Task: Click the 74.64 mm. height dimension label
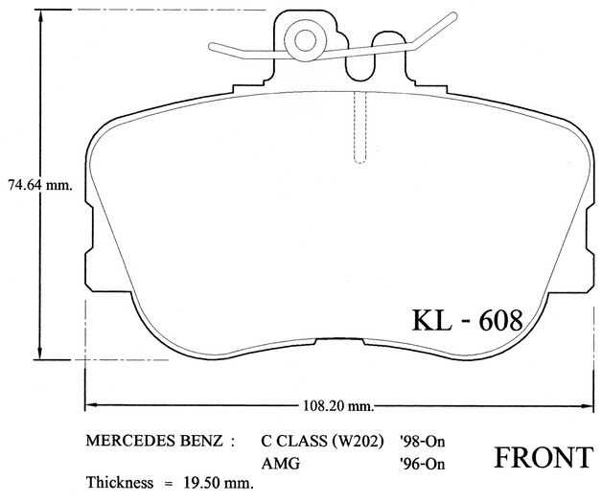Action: (x=40, y=186)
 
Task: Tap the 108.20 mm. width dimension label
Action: (x=338, y=405)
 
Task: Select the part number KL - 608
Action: (x=468, y=320)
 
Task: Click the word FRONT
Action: (x=543, y=458)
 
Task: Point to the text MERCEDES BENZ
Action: (x=154, y=441)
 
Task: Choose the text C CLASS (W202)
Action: (x=322, y=442)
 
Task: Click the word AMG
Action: (x=281, y=464)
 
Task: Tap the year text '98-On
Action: (x=422, y=442)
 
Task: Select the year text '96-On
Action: (x=422, y=464)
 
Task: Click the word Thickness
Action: (x=120, y=482)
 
